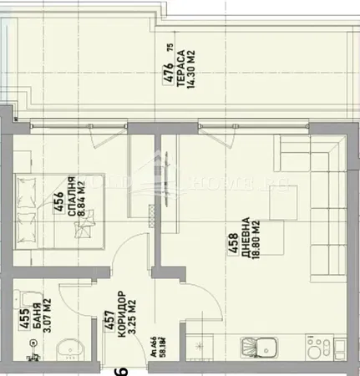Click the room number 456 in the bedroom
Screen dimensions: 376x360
[60, 205]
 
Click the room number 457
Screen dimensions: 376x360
[108, 323]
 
